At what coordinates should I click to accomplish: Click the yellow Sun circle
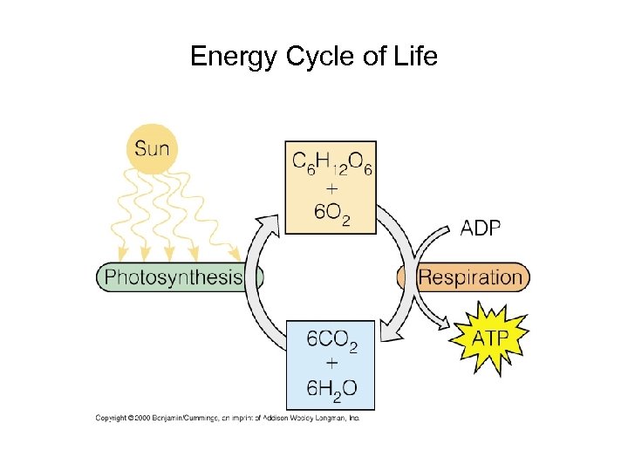152,148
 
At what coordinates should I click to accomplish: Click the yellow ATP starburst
489,337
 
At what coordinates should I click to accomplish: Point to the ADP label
481,228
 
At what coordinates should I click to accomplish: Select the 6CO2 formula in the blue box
331,341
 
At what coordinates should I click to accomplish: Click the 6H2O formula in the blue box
331,388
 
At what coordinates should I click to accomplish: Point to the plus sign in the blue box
331,365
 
